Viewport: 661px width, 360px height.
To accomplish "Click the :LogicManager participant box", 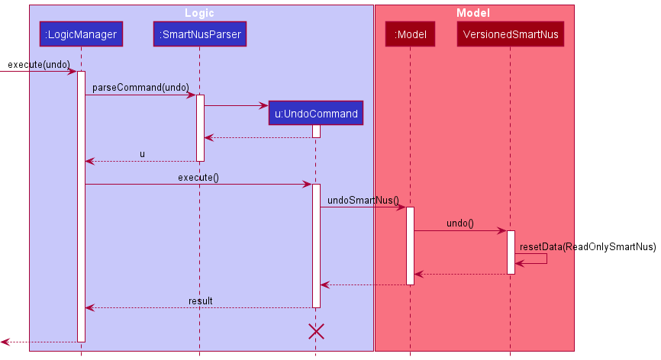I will point(81,34).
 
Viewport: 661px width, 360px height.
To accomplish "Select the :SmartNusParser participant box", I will point(200,34).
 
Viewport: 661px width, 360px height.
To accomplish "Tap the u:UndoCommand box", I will point(316,114).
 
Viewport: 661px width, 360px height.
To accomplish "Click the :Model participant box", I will point(410,34).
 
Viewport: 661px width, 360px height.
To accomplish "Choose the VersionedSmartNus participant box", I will point(510,34).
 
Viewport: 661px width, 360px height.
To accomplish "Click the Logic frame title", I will point(199,13).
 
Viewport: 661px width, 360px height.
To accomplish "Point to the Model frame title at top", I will point(472,13).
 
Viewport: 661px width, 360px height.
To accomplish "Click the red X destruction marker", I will point(316,331).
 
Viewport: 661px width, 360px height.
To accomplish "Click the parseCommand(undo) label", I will point(140,88).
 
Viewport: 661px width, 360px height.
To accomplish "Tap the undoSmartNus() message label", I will point(363,201).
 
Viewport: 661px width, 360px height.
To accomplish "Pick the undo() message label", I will point(459,223).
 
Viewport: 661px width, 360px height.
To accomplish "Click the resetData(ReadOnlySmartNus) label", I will point(587,246).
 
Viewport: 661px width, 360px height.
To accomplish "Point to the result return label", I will point(201,301).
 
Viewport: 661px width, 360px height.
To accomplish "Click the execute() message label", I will point(198,178).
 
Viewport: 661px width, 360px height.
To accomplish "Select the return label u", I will point(142,154).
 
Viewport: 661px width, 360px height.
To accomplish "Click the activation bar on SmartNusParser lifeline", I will point(200,127).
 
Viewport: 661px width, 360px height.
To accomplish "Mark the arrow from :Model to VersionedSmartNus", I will point(459,231).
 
